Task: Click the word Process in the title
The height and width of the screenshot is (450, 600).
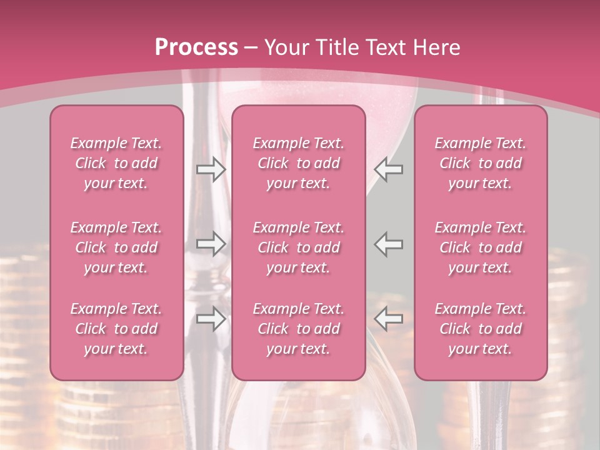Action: (196, 47)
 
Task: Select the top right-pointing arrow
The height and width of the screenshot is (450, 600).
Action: (211, 169)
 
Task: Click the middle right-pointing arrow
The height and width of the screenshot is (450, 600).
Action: (211, 244)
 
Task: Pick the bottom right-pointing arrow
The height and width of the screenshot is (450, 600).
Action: (211, 319)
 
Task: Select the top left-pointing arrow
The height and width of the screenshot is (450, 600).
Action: (389, 169)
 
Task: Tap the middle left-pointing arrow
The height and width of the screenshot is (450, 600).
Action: (389, 244)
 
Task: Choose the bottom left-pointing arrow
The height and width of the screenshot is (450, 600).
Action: (389, 319)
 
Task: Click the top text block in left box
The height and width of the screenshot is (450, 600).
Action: (116, 163)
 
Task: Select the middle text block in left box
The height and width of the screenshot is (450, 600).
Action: (116, 247)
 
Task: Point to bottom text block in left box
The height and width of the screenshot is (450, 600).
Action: (116, 329)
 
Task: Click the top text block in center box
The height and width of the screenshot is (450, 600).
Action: (298, 163)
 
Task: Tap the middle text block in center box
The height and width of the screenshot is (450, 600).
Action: (298, 247)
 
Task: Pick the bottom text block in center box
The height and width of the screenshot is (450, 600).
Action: (298, 329)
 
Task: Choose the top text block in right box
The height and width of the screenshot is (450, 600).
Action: (480, 163)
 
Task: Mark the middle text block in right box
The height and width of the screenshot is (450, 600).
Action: (480, 247)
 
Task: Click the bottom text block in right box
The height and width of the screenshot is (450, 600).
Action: (480, 329)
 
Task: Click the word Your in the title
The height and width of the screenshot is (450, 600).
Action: (284, 47)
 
